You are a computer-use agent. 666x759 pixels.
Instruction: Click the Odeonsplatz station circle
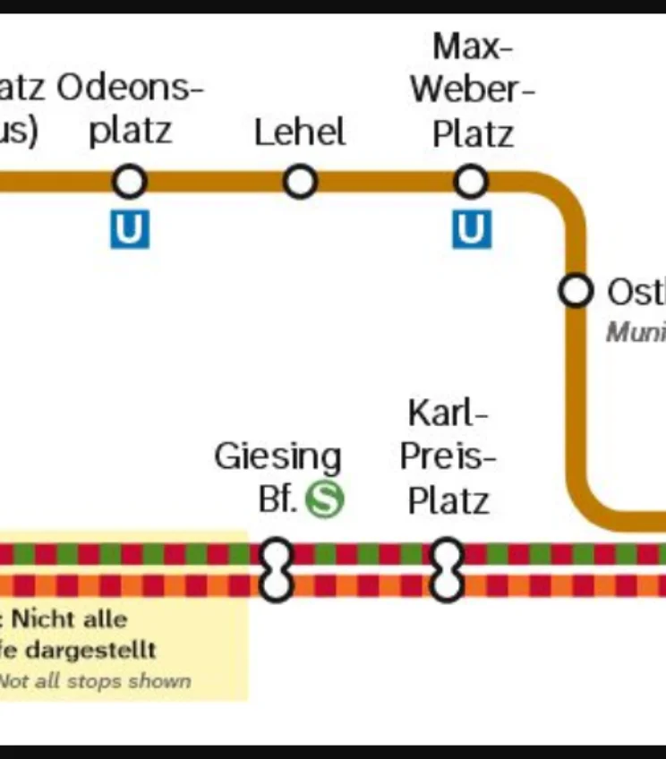point(130,182)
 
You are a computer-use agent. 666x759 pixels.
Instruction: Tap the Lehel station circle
point(300,182)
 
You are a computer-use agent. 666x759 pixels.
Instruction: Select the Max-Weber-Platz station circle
point(471,182)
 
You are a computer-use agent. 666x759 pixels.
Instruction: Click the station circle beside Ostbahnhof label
point(576,291)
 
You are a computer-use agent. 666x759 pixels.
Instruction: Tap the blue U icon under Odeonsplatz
point(130,230)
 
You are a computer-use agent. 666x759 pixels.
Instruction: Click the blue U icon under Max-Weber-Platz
point(471,230)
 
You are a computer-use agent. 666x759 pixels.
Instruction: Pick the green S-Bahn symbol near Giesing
point(324,499)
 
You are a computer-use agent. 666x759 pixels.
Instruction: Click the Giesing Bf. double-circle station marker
point(277,569)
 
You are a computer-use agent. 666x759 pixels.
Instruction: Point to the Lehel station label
point(300,132)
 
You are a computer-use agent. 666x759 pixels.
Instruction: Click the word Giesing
point(277,456)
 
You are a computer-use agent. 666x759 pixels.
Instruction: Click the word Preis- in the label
point(448,456)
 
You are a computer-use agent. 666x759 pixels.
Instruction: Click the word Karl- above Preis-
point(448,414)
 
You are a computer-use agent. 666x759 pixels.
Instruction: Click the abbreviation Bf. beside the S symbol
point(277,499)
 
